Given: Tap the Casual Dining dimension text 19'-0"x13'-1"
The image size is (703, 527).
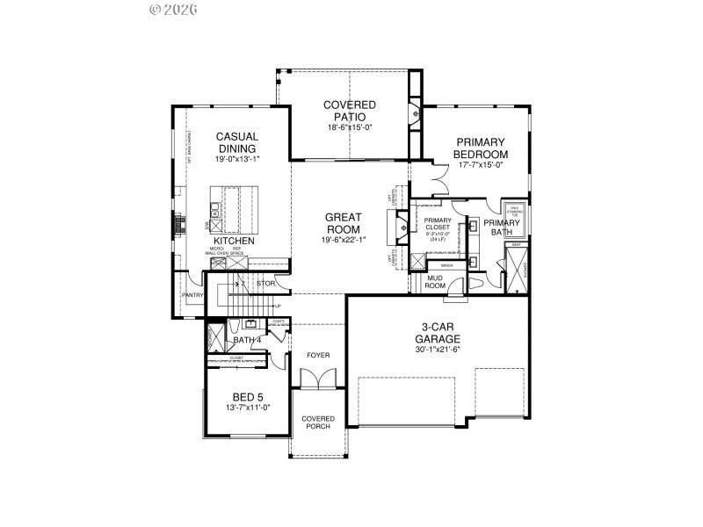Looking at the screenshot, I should (236, 160).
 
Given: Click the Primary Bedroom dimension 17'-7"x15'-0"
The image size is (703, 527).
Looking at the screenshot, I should (480, 165).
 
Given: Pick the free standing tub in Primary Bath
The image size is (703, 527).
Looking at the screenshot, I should (514, 212).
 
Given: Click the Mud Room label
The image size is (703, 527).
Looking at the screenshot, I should (435, 281).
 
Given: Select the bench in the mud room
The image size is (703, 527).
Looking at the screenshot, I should (446, 264).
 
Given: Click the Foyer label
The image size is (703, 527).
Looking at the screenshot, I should (317, 355).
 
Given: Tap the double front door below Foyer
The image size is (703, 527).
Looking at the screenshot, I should (313, 379).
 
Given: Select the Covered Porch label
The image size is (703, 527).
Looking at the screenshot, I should (317, 422).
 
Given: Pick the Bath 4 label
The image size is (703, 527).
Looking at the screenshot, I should (246, 339).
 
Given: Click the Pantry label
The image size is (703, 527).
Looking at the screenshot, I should (192, 296).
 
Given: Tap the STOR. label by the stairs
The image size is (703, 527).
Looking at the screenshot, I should (266, 284).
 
